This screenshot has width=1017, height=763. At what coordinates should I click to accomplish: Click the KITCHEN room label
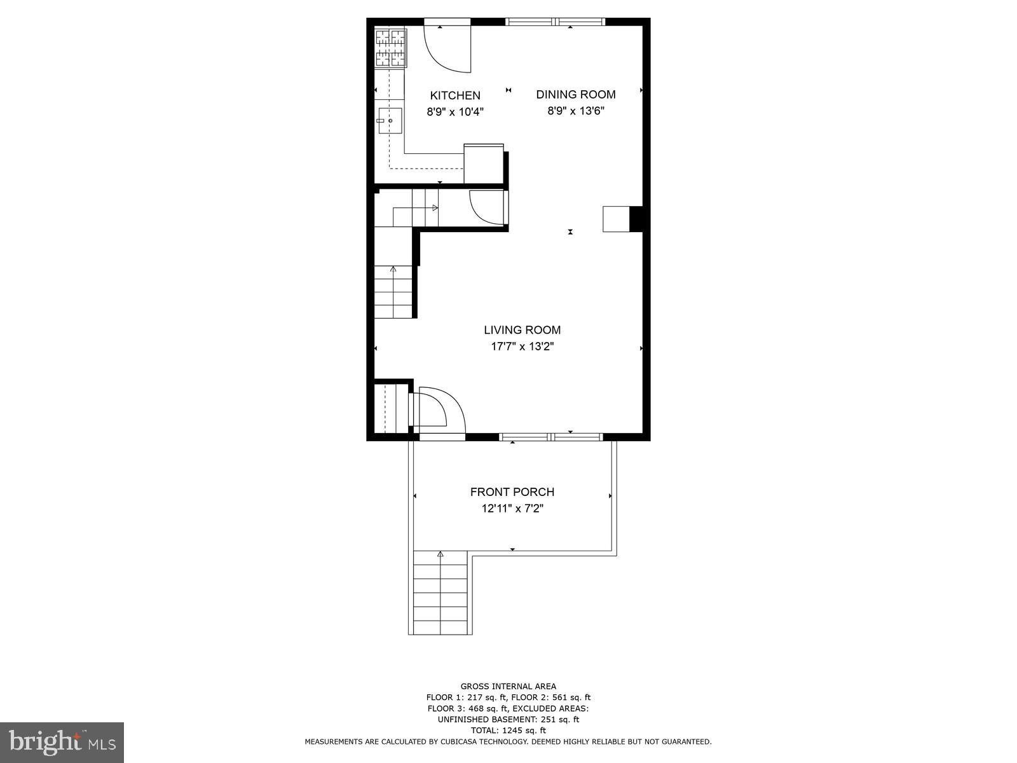[x=455, y=95]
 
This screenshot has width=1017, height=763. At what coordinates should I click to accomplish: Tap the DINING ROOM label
[x=576, y=94]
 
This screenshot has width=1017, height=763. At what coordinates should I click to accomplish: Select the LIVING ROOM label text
[x=522, y=330]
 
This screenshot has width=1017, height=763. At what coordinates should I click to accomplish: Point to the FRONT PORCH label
[x=512, y=491]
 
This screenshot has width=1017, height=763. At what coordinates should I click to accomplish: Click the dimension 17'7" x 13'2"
[x=517, y=347]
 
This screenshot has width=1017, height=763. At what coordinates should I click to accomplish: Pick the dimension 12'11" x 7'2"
[x=512, y=509]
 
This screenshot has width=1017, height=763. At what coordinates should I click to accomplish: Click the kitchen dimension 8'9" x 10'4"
[x=455, y=112]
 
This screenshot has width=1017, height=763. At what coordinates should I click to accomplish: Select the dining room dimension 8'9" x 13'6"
[x=576, y=111]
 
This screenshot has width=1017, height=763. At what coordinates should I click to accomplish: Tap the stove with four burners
[x=390, y=48]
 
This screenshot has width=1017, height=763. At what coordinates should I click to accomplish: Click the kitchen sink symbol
[x=390, y=121]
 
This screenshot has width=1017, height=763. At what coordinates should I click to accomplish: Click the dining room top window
[x=556, y=22]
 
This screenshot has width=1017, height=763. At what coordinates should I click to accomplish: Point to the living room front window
[x=551, y=437]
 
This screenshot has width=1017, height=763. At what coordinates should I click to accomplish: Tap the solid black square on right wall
[x=636, y=219]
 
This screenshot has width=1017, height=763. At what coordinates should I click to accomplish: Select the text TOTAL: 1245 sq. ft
[x=508, y=731]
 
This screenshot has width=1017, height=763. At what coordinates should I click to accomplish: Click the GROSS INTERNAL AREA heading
[x=508, y=686]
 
